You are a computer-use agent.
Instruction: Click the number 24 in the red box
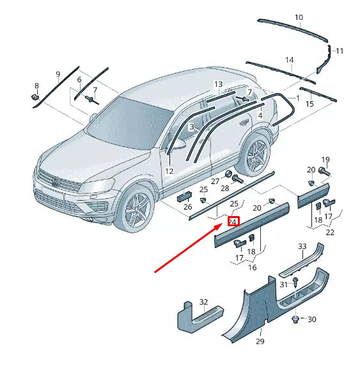pyautogui.click(x=233, y=222)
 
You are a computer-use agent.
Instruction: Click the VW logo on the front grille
pyautogui.click(x=56, y=184)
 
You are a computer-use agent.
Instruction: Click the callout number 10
pyautogui.click(x=299, y=17)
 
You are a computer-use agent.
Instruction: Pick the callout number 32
pyautogui.click(x=203, y=302)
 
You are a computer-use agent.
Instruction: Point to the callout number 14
pyautogui.click(x=290, y=61)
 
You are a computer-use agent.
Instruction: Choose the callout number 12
pyautogui.click(x=169, y=171)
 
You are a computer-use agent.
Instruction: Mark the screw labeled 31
pyautogui.click(x=297, y=282)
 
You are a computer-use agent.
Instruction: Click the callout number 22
pyautogui.click(x=330, y=232)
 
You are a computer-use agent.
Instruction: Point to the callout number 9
pyautogui.click(x=58, y=74)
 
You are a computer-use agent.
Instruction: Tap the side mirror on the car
pyautogui.click(x=179, y=144)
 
